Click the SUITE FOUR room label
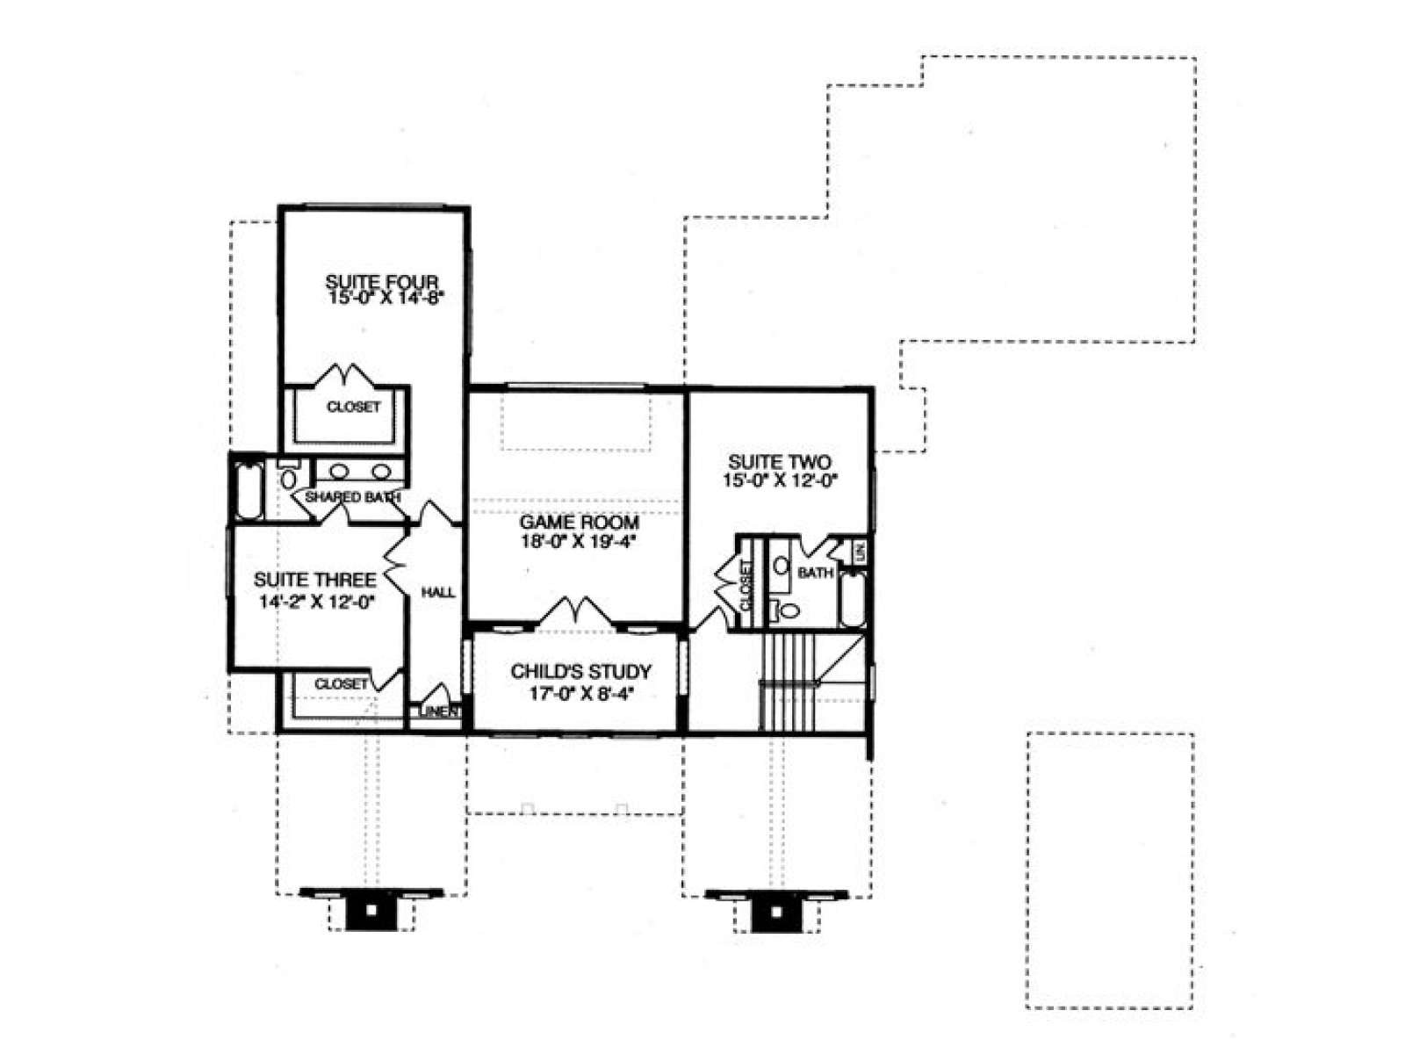click(x=381, y=282)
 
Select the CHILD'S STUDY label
click(x=580, y=671)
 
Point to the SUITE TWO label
click(x=780, y=461)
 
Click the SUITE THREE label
click(x=315, y=580)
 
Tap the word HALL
click(x=438, y=593)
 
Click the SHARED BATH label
click(x=353, y=496)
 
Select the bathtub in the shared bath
click(x=248, y=491)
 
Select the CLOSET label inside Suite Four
click(x=353, y=407)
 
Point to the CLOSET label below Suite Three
click(x=342, y=683)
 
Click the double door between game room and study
click(x=577, y=610)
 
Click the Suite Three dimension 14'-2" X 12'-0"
click(x=317, y=602)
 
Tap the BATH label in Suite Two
click(x=815, y=573)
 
